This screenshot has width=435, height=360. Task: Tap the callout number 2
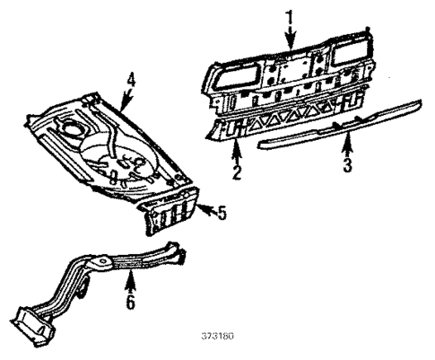tap(236, 171)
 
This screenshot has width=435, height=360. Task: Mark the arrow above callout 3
tap(345, 144)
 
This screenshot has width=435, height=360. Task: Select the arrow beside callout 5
tap(204, 212)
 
